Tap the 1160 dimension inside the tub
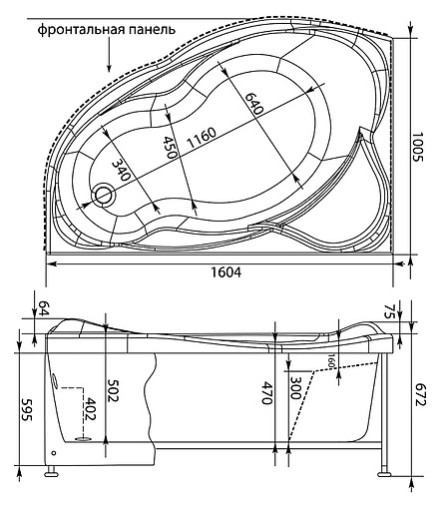(x=206, y=146)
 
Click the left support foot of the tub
(x=52, y=464)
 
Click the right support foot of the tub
(x=383, y=467)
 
